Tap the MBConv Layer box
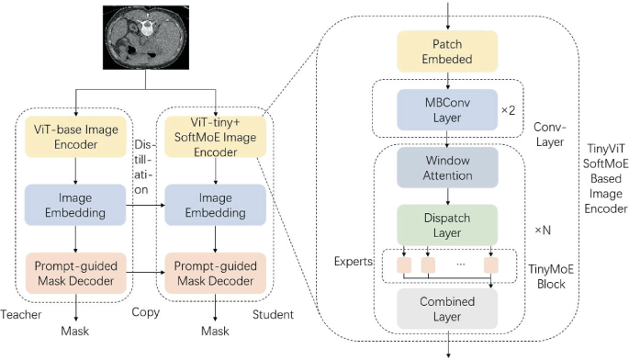tap(446, 108)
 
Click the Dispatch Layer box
tap(446, 224)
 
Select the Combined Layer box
tap(446, 309)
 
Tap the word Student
tap(273, 314)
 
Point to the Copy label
tap(145, 313)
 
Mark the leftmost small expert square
tap(403, 266)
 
